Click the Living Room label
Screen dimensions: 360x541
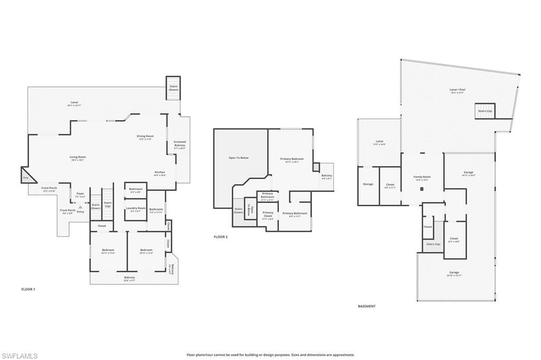pos(78,157)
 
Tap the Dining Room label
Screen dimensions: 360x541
pos(145,137)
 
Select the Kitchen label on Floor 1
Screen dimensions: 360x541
pos(160,173)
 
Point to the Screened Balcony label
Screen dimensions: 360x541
pos(180,145)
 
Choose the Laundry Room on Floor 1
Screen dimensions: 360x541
pos(135,209)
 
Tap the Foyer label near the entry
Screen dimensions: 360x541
pos(80,194)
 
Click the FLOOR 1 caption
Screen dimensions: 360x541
pos(28,289)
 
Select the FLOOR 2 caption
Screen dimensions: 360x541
pos(221,237)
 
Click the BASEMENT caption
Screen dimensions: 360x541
pos(367,306)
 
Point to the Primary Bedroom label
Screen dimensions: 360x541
pos(292,160)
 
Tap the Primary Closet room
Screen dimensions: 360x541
pos(268,214)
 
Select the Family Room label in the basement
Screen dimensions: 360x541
pos(422,178)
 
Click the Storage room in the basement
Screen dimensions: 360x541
pos(368,184)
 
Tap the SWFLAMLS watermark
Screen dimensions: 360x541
pos(19,355)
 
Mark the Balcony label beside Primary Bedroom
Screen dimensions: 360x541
pos(327,176)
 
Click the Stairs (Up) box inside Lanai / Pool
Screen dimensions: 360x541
pos(484,111)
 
